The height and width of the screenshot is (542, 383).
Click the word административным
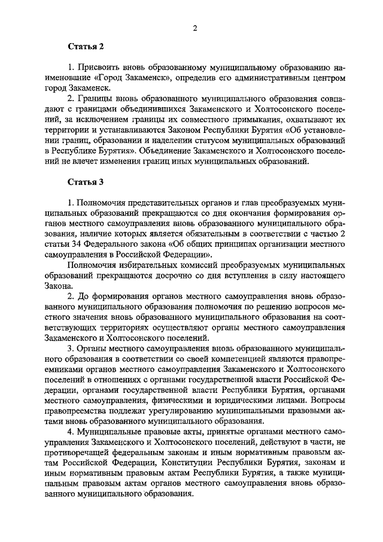coord(264,78)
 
